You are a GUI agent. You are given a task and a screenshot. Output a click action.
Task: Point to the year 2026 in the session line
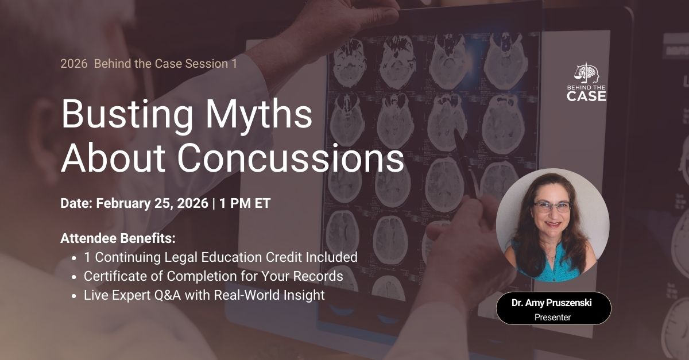(72, 64)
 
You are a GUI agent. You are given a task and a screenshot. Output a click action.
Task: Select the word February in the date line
(123, 203)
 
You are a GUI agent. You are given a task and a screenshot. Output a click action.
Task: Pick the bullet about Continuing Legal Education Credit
(220, 257)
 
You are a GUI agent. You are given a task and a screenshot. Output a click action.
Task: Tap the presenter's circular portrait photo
(552, 225)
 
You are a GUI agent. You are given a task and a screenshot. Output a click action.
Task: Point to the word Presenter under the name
(553, 316)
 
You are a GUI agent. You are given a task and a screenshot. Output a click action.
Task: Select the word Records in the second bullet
(320, 276)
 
